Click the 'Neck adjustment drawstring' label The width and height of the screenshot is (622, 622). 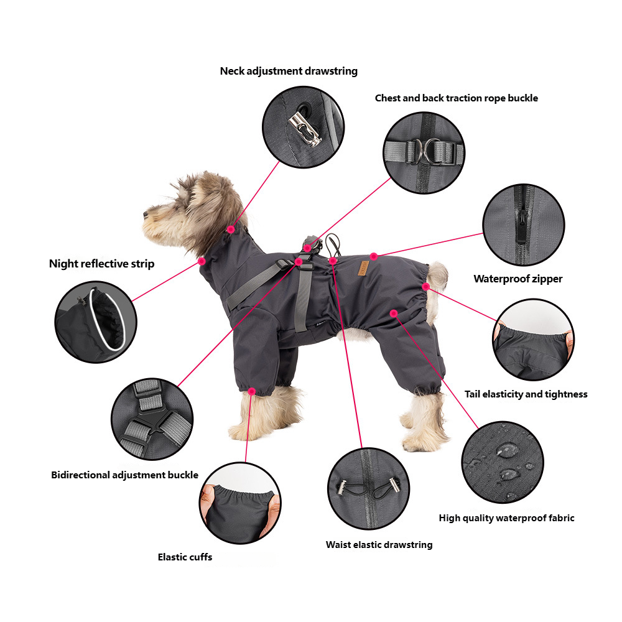[289, 71]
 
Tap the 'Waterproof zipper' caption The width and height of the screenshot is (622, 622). [518, 279]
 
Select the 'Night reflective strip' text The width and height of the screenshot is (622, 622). [101, 264]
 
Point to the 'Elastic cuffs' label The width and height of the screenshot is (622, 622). [185, 557]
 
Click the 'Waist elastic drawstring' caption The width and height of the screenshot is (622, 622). [379, 545]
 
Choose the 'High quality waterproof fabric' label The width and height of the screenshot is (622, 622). [506, 518]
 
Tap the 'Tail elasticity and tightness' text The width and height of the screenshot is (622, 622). [526, 394]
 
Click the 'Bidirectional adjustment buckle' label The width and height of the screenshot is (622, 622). [124, 475]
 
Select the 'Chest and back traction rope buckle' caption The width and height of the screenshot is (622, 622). [456, 98]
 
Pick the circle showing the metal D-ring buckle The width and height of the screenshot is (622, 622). [424, 152]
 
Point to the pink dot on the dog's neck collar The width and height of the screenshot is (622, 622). [231, 229]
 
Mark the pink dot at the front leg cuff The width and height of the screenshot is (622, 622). [251, 391]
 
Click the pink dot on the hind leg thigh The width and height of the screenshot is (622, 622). [394, 313]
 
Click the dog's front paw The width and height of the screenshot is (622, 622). [246, 429]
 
